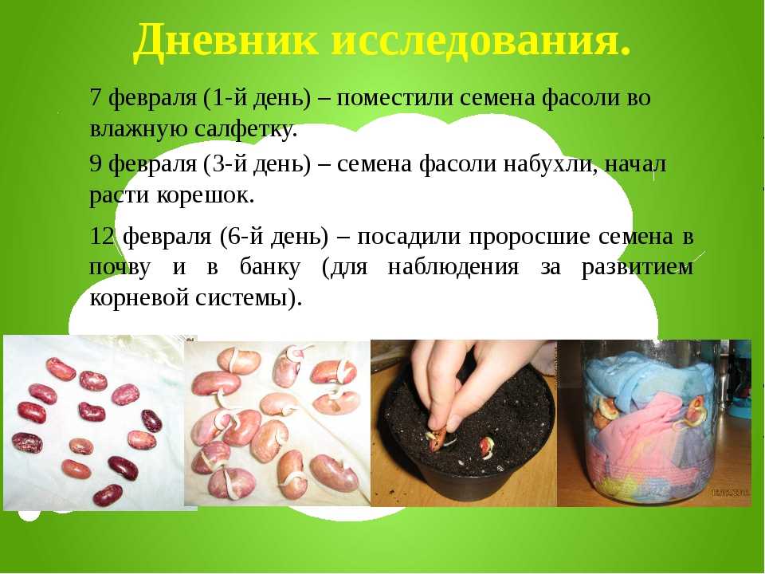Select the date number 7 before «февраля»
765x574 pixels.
click(x=96, y=97)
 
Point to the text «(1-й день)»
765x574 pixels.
click(x=256, y=99)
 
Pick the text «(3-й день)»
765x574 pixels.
click(x=256, y=164)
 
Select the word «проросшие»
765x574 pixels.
click(x=528, y=238)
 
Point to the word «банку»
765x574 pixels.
click(x=269, y=266)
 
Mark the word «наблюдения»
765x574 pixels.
click(x=453, y=268)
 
